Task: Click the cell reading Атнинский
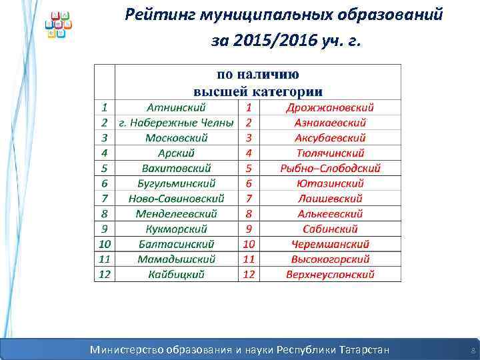[177, 107]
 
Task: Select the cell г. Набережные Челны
[176, 123]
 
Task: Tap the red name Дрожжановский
[330, 107]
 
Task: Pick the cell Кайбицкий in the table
[177, 274]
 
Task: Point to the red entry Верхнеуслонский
[330, 274]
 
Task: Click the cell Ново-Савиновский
[177, 199]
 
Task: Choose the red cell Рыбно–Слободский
[330, 168]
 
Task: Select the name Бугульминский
[177, 183]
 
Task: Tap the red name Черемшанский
[330, 244]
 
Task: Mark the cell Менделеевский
[177, 214]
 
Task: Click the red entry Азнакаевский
[330, 123]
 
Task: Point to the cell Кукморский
[177, 229]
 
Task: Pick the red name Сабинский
[330, 229]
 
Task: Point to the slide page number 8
[473, 350]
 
